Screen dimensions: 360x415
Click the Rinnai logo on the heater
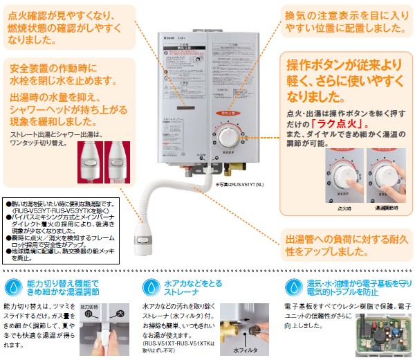point(189,31)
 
